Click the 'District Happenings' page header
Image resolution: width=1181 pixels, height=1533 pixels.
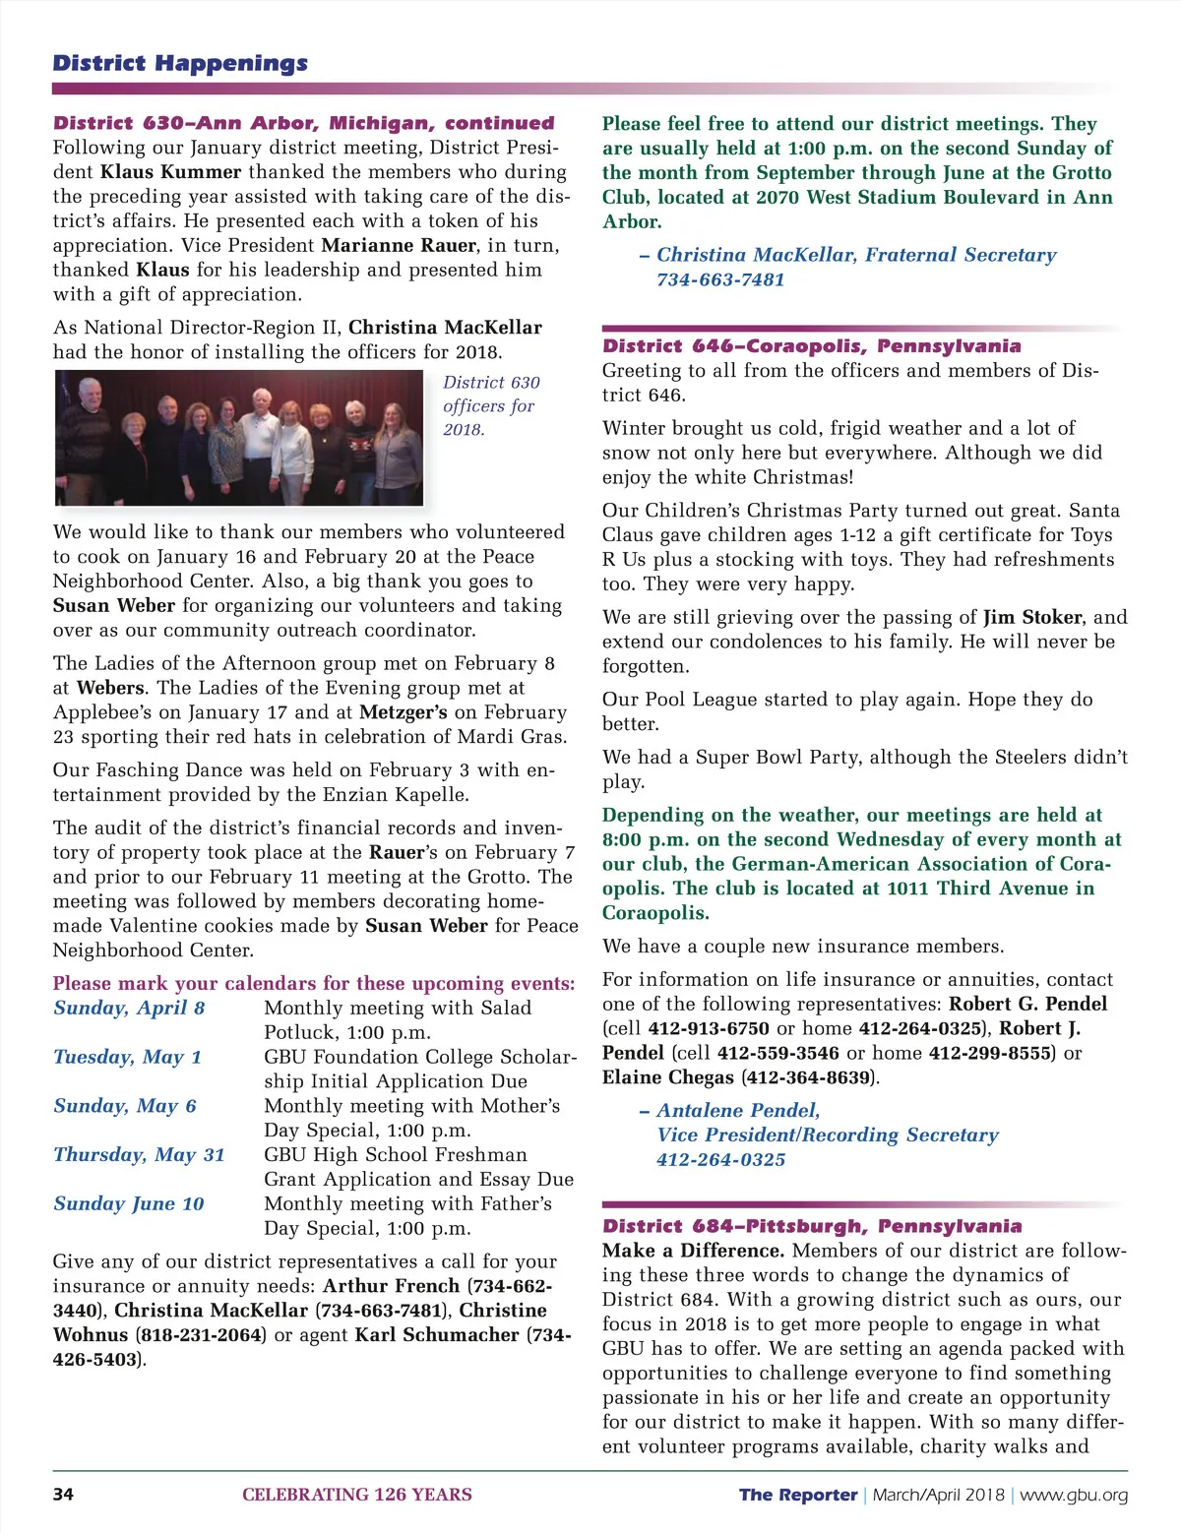[180, 64]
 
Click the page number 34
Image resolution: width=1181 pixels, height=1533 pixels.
[63, 1495]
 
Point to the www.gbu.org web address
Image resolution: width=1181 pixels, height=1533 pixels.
[1074, 1496]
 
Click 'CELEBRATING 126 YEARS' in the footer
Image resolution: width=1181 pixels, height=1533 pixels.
[356, 1496]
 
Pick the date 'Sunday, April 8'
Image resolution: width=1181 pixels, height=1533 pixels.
[129, 1009]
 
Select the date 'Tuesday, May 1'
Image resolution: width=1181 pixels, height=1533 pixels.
[127, 1058]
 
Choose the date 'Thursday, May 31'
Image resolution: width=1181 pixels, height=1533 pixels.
[139, 1155]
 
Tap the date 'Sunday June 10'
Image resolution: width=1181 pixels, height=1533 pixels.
[129, 1204]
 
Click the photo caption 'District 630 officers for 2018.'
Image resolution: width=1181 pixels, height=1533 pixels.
[490, 405]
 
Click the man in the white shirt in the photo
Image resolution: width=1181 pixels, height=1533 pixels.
[261, 438]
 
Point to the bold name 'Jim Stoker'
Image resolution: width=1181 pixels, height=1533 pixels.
[1032, 618]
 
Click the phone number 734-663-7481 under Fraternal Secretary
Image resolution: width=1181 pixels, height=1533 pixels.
[720, 280]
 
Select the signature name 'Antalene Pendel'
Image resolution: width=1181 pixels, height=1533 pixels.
[738, 1111]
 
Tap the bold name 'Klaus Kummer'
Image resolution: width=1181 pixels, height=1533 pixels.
[171, 172]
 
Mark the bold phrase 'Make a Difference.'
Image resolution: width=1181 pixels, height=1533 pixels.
[693, 1252]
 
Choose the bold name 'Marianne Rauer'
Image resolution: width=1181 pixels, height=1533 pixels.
[398, 246]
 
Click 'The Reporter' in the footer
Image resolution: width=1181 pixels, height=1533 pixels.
[798, 1496]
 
